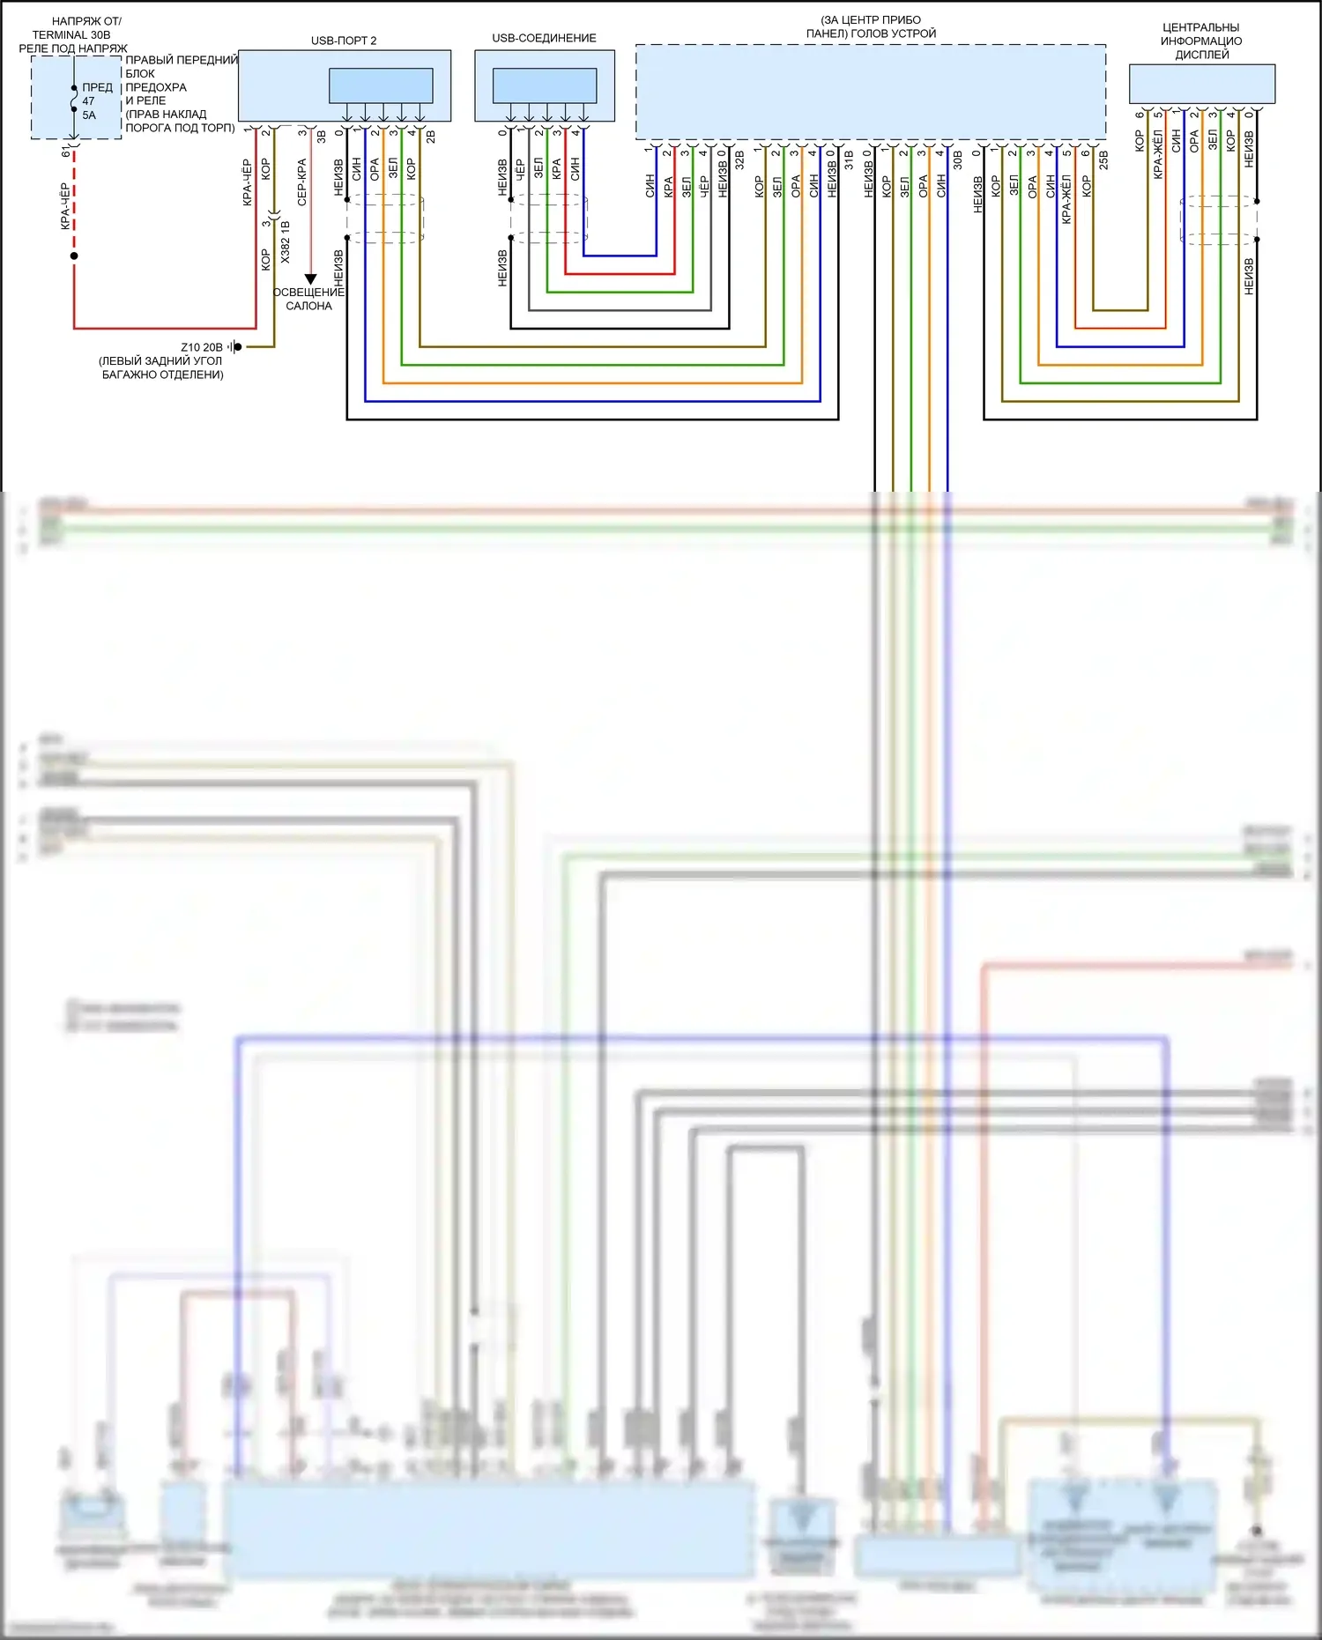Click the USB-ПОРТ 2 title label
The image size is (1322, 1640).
click(344, 41)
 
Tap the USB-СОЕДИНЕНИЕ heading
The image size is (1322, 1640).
click(544, 38)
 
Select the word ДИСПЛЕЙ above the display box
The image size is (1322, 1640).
click(1201, 55)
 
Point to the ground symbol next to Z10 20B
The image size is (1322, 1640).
click(234, 347)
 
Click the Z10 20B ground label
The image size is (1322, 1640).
click(202, 347)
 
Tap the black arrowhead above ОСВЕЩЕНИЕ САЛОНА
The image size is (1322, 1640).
click(310, 279)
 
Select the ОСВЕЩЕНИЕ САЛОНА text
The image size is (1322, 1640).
click(308, 299)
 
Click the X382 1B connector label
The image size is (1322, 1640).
click(285, 242)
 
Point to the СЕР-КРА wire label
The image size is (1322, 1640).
click(301, 182)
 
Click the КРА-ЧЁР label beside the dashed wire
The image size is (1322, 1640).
click(64, 206)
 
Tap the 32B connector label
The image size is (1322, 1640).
click(739, 160)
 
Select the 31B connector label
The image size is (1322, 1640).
click(849, 160)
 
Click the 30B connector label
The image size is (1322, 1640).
click(958, 160)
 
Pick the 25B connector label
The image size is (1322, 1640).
click(1103, 160)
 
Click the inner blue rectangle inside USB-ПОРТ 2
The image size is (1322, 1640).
click(381, 85)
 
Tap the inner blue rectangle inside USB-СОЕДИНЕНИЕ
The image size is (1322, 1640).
click(545, 85)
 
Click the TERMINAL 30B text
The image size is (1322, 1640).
click(71, 34)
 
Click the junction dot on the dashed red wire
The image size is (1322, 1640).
click(74, 256)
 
